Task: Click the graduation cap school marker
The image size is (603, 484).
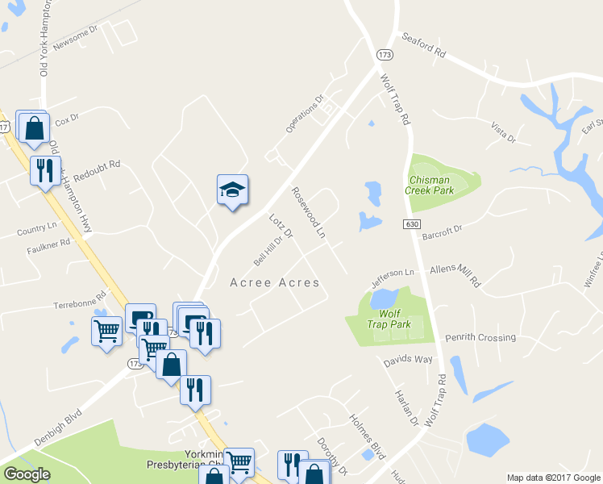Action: coord(232,190)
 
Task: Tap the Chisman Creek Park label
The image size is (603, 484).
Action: coord(432,185)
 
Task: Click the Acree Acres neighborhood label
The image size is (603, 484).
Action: coord(275,282)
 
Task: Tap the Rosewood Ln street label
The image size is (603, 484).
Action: coord(309,212)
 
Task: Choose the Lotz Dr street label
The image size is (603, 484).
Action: coord(281,227)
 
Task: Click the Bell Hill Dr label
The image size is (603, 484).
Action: coord(268,250)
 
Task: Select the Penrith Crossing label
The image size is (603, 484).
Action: coord(485,337)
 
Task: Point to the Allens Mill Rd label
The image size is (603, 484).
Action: coord(455,275)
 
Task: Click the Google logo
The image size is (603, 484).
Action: coord(27,474)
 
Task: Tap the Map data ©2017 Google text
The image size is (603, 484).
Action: coord(553,478)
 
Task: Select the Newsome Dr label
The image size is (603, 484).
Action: coord(75,37)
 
